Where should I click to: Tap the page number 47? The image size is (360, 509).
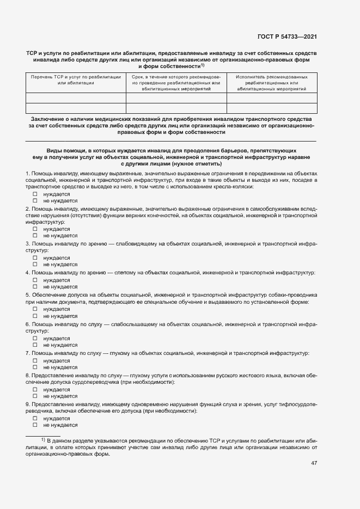click(314, 463)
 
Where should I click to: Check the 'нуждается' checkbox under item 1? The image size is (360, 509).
click(35, 194)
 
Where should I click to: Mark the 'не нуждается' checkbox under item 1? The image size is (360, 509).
click(35, 200)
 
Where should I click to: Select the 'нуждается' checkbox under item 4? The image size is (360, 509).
click(35, 279)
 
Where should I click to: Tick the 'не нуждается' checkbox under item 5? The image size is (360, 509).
click(35, 316)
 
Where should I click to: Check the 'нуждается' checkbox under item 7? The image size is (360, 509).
click(35, 360)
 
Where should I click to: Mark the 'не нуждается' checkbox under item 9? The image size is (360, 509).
click(35, 426)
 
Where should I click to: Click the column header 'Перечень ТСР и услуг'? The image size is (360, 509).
click(76, 80)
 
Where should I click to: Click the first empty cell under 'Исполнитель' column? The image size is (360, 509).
click(272, 98)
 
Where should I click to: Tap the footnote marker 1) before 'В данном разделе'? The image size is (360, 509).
click(44, 438)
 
